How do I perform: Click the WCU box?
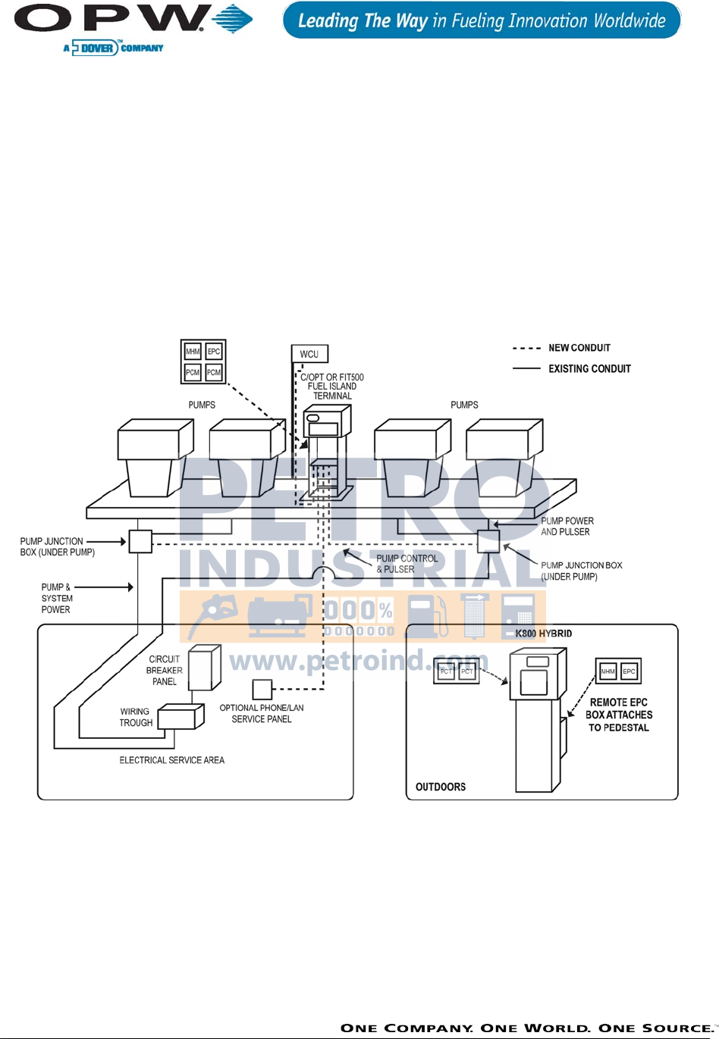point(309,354)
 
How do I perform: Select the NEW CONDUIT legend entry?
point(579,348)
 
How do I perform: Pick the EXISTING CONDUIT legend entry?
point(589,369)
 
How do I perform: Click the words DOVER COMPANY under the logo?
point(121,49)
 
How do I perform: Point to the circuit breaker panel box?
point(203,668)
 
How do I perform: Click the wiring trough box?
point(181,716)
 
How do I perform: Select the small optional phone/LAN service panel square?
point(262,689)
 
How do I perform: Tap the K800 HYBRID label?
point(544,634)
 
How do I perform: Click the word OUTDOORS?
point(441,787)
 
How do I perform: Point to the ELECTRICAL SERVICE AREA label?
point(171,760)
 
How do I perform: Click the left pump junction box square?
point(140,541)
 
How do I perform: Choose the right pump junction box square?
point(488,541)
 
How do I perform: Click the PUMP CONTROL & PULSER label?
point(407,564)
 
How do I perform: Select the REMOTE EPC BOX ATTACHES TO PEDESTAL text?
point(619,715)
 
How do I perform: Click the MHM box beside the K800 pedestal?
point(608,671)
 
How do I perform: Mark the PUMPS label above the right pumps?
point(464,405)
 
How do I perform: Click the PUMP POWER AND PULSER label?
point(567,526)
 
